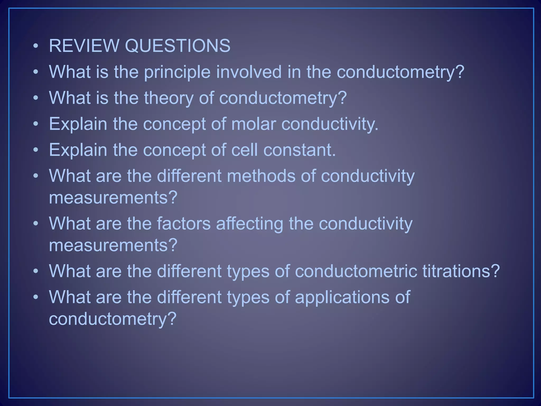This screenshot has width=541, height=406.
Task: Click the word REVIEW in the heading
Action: [84, 46]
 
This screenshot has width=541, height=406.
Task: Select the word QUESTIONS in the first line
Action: [177, 46]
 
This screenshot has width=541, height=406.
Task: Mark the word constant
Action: [299, 150]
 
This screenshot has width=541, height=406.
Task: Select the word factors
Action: [184, 223]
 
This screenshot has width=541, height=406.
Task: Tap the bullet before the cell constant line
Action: [36, 150]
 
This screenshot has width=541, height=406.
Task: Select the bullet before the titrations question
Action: [36, 271]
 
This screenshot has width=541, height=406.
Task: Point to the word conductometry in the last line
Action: [113, 319]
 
